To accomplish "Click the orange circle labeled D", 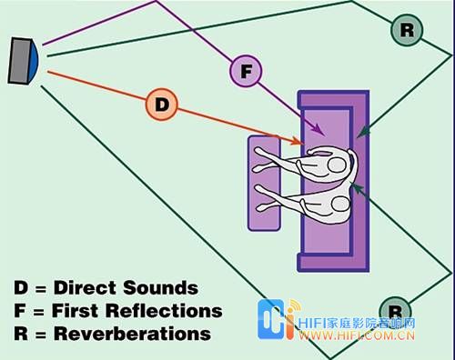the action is pyautogui.click(x=161, y=105).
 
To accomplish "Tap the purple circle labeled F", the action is pyautogui.click(x=246, y=71).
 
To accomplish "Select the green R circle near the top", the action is pyautogui.click(x=407, y=30).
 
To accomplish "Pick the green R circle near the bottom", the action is pyautogui.click(x=395, y=311).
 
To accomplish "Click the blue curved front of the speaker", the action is pyautogui.click(x=34, y=61).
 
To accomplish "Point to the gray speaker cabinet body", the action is pyautogui.click(x=20, y=61).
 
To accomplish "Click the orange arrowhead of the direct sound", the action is pyautogui.click(x=297, y=141).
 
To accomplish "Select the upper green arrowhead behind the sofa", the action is pyautogui.click(x=363, y=132).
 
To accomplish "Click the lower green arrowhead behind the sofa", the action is pyautogui.click(x=356, y=188).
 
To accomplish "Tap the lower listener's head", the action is pyautogui.click(x=341, y=204).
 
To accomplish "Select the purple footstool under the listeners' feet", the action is pyautogui.click(x=264, y=183).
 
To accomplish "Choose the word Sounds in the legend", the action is pyautogui.click(x=161, y=287).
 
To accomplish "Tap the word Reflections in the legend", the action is pyautogui.click(x=165, y=311).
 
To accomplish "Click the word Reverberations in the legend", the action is pyautogui.click(x=132, y=334).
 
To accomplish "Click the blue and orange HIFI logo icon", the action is pyautogui.click(x=278, y=319).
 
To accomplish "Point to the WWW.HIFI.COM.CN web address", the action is pyautogui.click(x=357, y=335).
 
